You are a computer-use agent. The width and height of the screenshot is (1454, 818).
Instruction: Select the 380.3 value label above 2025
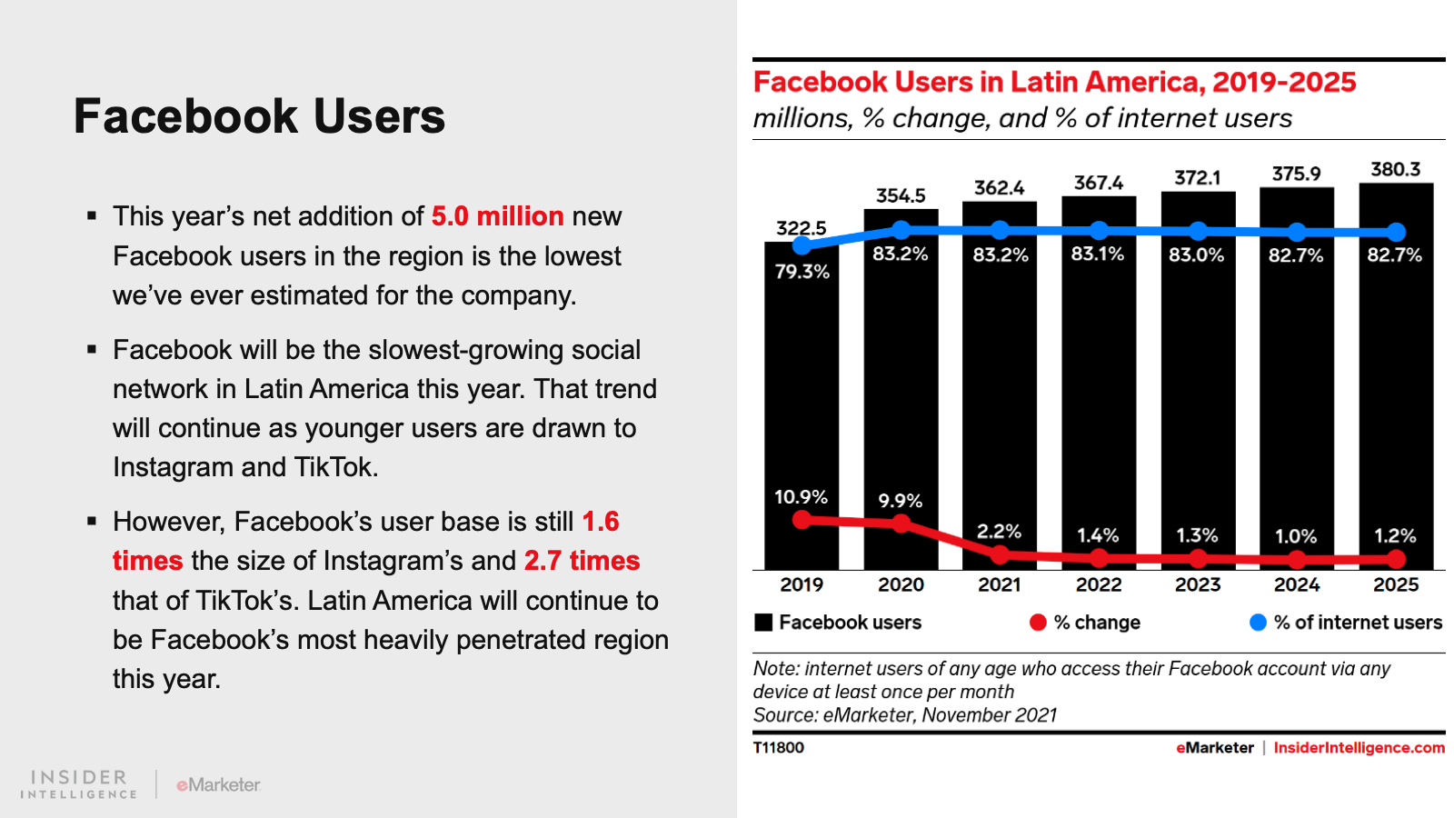(x=1395, y=170)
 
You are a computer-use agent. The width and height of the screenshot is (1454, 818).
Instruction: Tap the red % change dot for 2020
(x=901, y=524)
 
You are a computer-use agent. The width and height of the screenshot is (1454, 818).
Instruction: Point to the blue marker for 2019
(x=802, y=244)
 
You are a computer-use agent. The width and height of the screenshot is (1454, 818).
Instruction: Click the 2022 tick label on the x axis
(x=1099, y=585)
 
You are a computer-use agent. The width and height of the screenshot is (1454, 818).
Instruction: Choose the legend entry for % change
(x=1096, y=623)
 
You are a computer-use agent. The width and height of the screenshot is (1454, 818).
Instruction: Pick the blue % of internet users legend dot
(x=1258, y=623)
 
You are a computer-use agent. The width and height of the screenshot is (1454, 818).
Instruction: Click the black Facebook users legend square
(x=763, y=623)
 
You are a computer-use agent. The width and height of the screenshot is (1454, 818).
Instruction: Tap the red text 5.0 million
(x=497, y=216)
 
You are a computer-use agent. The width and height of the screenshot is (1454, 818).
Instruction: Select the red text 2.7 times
(x=582, y=561)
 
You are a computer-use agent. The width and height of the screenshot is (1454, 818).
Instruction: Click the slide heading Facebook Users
(x=259, y=116)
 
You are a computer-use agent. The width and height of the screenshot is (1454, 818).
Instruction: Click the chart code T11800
(x=779, y=748)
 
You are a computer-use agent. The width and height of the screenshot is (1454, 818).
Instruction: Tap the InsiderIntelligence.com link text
(x=1359, y=748)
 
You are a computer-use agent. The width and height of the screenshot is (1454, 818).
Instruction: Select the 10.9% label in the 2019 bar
(x=801, y=497)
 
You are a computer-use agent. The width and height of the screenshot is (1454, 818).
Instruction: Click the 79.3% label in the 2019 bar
(x=802, y=272)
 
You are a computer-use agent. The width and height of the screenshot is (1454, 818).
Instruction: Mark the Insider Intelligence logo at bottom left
(x=79, y=784)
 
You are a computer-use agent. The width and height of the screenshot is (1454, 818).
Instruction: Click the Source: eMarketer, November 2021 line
(x=905, y=715)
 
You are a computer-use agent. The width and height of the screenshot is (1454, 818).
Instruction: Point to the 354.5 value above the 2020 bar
(x=901, y=196)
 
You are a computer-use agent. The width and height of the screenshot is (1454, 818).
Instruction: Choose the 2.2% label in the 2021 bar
(x=999, y=532)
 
